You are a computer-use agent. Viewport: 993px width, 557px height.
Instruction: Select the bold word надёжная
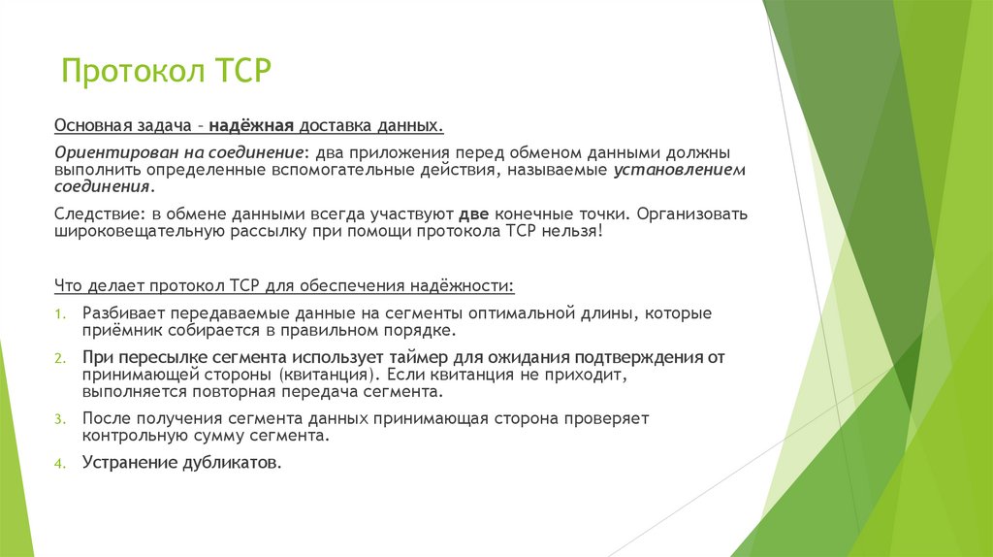pos(253,126)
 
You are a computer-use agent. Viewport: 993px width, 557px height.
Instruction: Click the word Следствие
pos(87,213)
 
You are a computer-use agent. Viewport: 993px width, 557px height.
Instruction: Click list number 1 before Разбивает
pos(59,314)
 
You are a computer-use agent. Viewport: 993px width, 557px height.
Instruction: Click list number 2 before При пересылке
pos(59,359)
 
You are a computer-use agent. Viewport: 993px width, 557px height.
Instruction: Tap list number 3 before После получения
pos(59,419)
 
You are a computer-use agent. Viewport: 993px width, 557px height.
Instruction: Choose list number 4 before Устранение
pos(59,464)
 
